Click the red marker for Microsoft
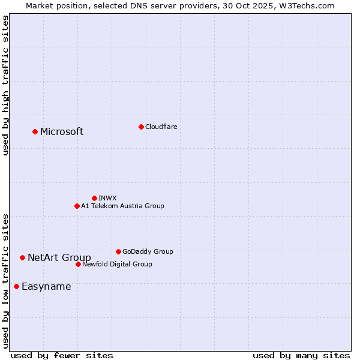coord(35,131)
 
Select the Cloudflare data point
coord(141,127)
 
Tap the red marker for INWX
coord(94,198)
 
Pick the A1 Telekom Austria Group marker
coord(77,206)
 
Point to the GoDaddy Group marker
coord(118,251)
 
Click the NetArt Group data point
coord(22,257)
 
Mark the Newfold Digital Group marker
coord(78,264)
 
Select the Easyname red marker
coord(16,286)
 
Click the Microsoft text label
coord(62,132)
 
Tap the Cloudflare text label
coord(161,127)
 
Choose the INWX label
coord(107,198)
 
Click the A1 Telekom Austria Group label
coord(122,206)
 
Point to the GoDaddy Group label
coord(148,251)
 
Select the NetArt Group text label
coord(59,258)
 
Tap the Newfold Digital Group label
coord(117,264)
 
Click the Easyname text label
coord(46,287)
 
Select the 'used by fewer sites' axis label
coord(62,355)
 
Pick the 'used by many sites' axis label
coord(301,355)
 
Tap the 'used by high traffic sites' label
coord(5,85)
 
